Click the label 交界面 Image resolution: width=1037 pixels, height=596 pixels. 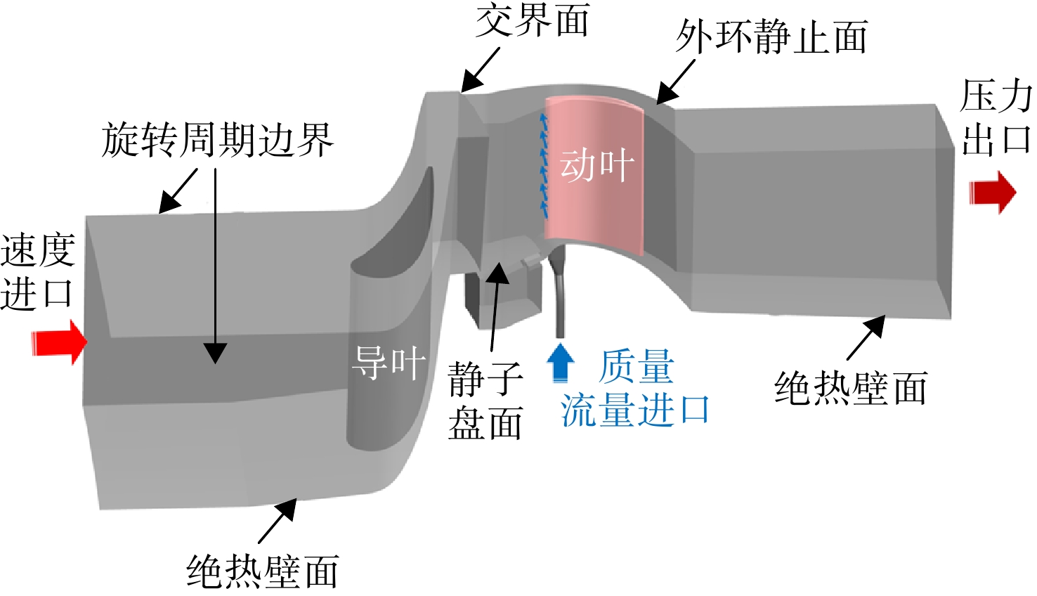533,20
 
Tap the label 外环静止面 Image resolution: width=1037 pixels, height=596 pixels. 771,37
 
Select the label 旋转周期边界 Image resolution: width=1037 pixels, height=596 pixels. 217,141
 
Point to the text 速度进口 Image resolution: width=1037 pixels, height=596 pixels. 38,272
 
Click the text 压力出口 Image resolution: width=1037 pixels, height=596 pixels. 996,117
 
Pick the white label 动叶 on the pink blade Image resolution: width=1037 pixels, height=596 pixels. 596,165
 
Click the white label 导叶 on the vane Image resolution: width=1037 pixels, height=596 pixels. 389,363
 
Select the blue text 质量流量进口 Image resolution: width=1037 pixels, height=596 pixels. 635,388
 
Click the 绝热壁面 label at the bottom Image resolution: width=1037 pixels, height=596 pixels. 263,571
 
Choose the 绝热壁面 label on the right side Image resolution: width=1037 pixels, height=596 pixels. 851,388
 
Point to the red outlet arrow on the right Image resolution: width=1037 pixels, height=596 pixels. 993,193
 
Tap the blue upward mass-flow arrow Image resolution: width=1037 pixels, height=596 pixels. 561,363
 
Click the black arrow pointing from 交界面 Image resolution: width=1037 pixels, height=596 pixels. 480,70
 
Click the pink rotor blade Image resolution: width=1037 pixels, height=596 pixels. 594,176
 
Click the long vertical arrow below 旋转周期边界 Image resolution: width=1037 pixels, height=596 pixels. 215,266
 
